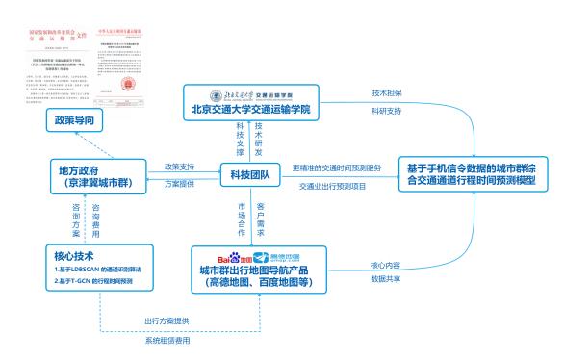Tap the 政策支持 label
point(180,165)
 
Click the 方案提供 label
point(180,183)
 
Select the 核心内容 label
point(385,265)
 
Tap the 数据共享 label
point(385,280)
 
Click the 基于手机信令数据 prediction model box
point(477,173)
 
